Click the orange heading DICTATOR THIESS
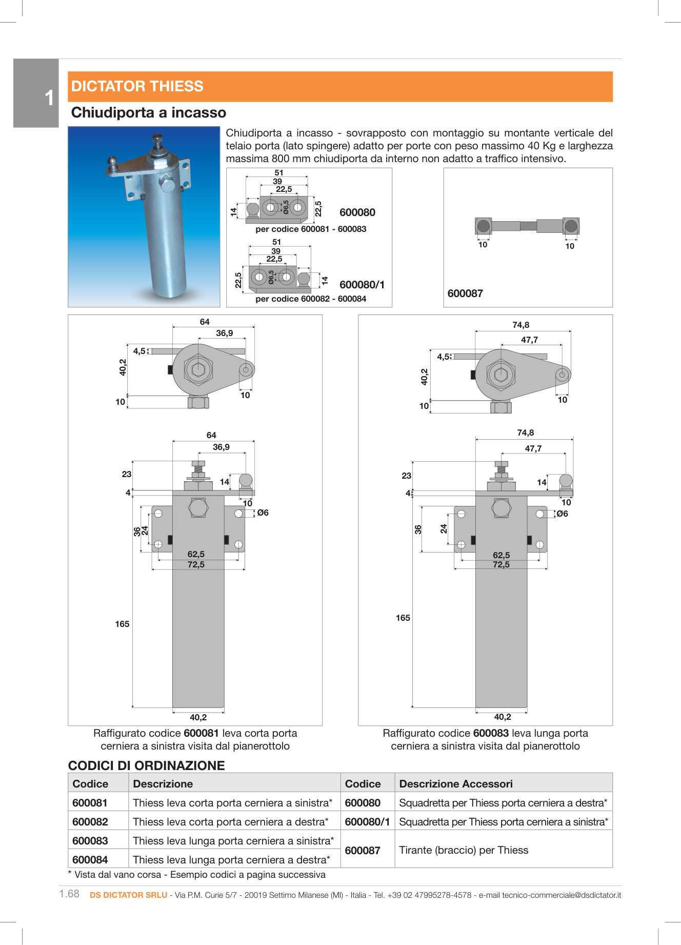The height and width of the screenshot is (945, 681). tap(137, 86)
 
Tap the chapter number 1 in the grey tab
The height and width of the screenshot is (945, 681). tap(49, 98)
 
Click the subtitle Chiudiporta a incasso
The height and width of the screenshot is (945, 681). tap(149, 113)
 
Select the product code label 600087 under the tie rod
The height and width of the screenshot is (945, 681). tap(465, 293)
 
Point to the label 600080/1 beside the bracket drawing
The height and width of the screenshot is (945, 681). tap(362, 285)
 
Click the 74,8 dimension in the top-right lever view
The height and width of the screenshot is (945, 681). tap(520, 325)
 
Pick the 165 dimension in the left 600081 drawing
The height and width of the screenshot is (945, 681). tap(122, 624)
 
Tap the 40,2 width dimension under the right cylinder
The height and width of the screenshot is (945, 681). tap(502, 717)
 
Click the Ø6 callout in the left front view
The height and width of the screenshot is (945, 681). tap(263, 513)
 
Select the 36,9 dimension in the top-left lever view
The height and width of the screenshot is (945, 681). tap(224, 333)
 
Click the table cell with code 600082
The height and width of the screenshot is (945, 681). tap(90, 821)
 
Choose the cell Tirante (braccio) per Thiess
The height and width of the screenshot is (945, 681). tap(464, 850)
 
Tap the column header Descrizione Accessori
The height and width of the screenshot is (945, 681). tap(456, 783)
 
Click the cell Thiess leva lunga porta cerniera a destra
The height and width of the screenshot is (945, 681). tap(231, 859)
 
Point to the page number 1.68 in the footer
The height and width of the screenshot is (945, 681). tap(69, 894)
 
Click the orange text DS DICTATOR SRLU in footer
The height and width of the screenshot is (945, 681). tap(128, 895)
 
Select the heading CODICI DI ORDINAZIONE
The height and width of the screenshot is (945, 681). tap(147, 765)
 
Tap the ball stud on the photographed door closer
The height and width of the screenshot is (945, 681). tap(113, 163)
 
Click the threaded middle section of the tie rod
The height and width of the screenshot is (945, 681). tap(528, 226)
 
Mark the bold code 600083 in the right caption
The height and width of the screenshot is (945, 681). tap(491, 733)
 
